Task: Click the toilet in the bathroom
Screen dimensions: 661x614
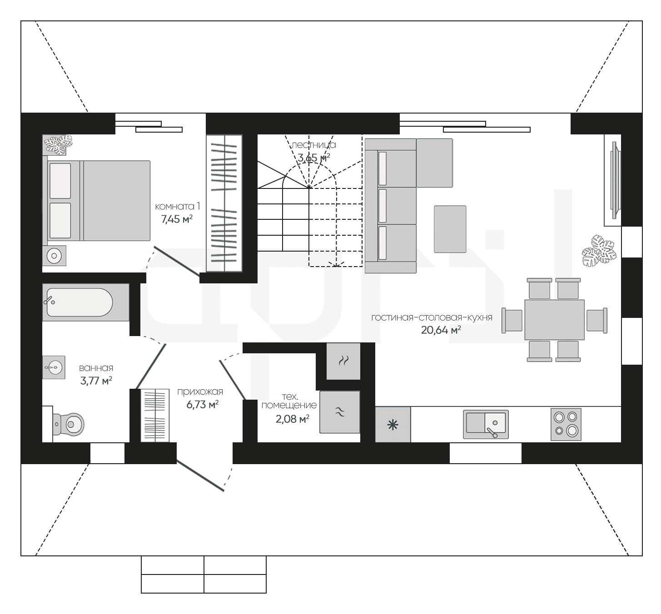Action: pyautogui.click(x=68, y=424)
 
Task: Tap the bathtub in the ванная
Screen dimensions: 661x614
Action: pyautogui.click(x=85, y=302)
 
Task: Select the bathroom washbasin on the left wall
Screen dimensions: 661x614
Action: pyautogui.click(x=54, y=367)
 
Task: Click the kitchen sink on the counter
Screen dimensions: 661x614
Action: pyautogui.click(x=486, y=424)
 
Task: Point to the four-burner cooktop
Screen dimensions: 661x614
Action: pyautogui.click(x=566, y=424)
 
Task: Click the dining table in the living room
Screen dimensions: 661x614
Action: pyautogui.click(x=555, y=320)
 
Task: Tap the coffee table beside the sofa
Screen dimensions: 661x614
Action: pyautogui.click(x=450, y=229)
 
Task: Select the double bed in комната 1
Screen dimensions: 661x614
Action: pyautogui.click(x=96, y=201)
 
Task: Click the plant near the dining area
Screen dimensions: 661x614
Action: pyautogui.click(x=599, y=251)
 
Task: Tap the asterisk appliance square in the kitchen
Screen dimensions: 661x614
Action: pyautogui.click(x=393, y=425)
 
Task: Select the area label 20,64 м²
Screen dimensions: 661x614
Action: pyautogui.click(x=441, y=330)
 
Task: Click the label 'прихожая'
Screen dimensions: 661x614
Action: pyautogui.click(x=200, y=391)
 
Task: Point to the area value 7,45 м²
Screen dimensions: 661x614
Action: pyautogui.click(x=177, y=219)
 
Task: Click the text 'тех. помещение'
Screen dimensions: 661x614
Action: pyautogui.click(x=289, y=401)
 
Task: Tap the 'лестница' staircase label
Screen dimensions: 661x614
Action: pyautogui.click(x=314, y=145)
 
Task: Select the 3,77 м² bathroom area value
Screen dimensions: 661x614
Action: pyautogui.click(x=96, y=381)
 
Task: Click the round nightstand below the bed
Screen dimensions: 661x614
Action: pyautogui.click(x=54, y=256)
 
